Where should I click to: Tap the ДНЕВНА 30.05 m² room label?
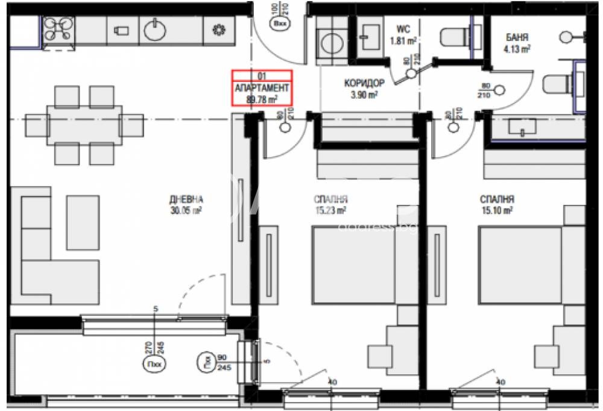[186, 204]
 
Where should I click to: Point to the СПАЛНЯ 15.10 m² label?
[496, 204]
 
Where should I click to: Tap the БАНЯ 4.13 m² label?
[517, 43]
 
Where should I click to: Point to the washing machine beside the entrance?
[330, 43]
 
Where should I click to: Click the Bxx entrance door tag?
[280, 25]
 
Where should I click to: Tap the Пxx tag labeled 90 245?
[206, 362]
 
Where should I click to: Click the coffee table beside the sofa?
[81, 216]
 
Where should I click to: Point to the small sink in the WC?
[367, 36]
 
